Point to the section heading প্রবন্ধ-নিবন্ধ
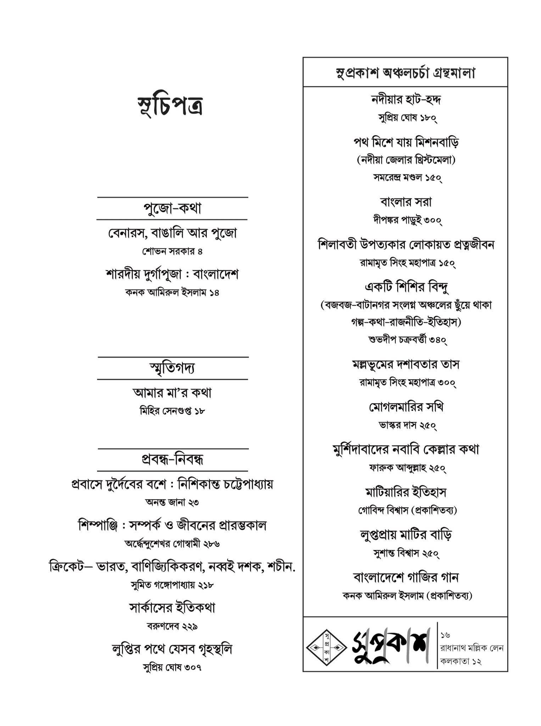tap(173, 460)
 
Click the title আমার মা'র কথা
tap(173, 393)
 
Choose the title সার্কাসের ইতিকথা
tap(173, 608)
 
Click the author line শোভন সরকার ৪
tap(173, 252)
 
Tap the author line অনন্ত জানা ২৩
tap(173, 502)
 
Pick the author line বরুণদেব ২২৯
tap(173, 626)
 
